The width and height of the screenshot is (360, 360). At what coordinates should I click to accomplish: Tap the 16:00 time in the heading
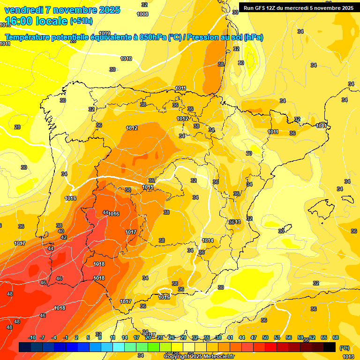[19, 21]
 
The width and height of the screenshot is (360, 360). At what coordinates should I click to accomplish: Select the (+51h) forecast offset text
[81, 21]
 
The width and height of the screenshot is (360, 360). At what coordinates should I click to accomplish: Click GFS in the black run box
[261, 7]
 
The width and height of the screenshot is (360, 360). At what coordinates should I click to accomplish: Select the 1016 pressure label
[114, 214]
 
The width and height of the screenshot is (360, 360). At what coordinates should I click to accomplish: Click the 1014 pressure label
[208, 240]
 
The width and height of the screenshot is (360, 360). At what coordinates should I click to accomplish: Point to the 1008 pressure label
[142, 14]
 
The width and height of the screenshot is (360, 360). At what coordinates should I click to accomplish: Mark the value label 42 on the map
[64, 238]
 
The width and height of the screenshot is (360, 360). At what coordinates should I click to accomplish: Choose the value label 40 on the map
[61, 231]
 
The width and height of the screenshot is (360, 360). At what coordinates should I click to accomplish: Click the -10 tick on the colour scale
[32, 337]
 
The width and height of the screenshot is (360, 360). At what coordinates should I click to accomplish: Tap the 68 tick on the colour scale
[336, 337]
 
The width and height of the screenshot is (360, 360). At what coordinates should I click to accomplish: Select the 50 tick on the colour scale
[265, 337]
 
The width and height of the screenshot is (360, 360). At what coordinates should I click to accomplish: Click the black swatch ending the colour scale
[330, 347]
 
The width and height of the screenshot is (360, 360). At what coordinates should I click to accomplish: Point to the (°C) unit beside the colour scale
[345, 348]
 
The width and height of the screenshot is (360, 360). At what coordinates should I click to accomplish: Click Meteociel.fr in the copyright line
[216, 357]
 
